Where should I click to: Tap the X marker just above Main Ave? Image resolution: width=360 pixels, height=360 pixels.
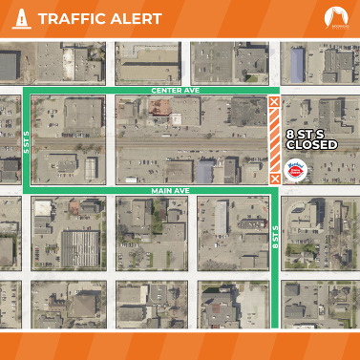(275, 178)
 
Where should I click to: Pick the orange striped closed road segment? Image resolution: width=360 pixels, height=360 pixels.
(275, 139)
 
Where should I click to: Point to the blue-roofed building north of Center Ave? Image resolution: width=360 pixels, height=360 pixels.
(297, 63)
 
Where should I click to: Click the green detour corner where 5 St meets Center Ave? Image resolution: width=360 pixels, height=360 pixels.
(25, 91)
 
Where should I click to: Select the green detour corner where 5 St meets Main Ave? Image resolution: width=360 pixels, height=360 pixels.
(25, 191)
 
